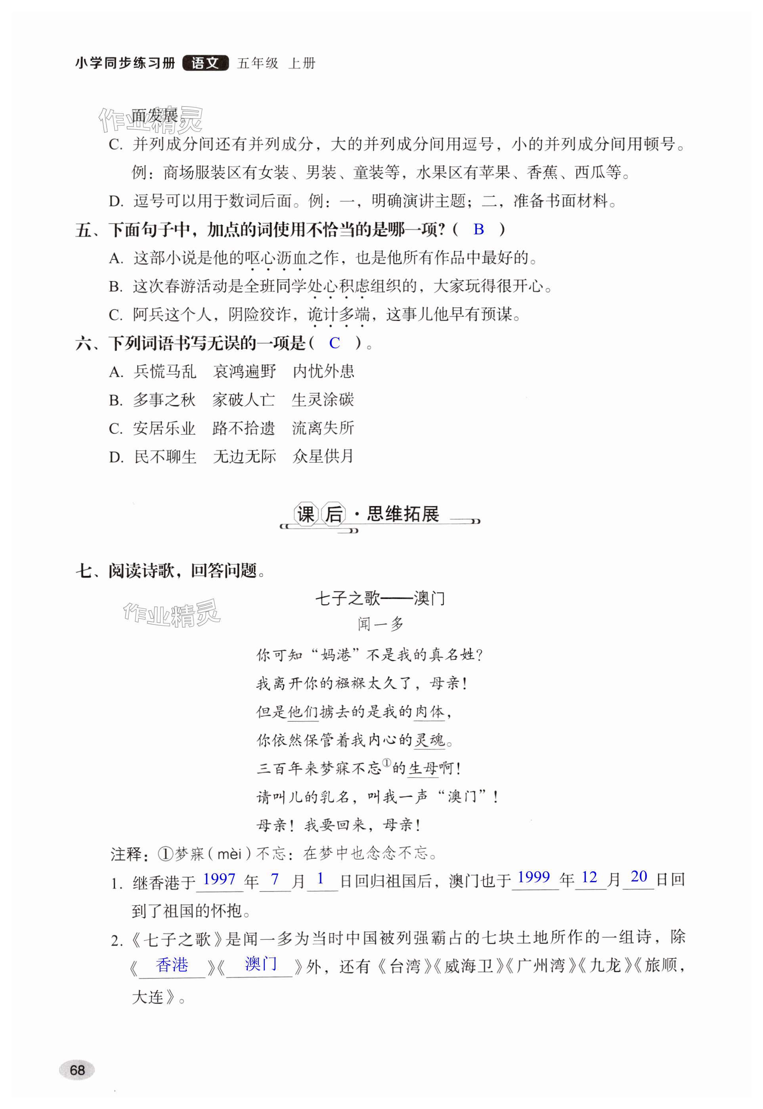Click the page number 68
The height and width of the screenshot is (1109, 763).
(x=77, y=1069)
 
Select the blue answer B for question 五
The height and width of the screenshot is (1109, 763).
(x=478, y=230)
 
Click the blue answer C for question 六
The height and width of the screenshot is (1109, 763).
(x=335, y=343)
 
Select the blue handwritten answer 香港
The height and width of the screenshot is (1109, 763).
(x=172, y=965)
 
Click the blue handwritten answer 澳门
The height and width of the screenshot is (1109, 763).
(x=260, y=963)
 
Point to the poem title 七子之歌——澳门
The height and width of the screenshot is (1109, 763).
(x=380, y=598)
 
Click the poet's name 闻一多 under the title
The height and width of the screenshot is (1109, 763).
(x=381, y=624)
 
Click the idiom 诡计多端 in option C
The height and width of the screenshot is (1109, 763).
(x=338, y=315)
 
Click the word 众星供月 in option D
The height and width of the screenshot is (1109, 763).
(x=323, y=457)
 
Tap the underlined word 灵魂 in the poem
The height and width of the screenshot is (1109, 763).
(x=430, y=740)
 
